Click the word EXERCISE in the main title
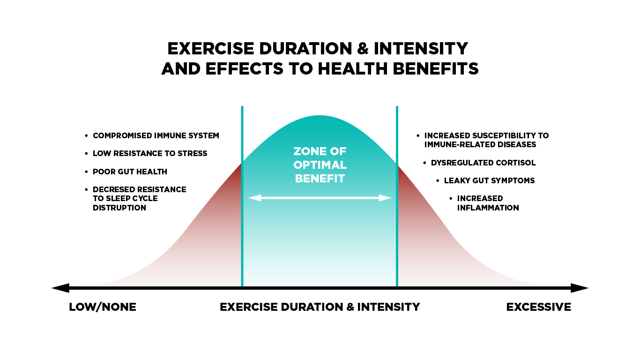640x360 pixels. pyautogui.click(x=210, y=48)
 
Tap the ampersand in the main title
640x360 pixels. pyautogui.click(x=363, y=48)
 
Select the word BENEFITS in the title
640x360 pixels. pyautogui.click(x=436, y=68)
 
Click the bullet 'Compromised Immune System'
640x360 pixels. pyautogui.click(x=156, y=135)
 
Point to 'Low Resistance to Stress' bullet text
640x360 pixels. pyautogui.click(x=150, y=154)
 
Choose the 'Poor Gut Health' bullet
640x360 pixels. pyautogui.click(x=130, y=172)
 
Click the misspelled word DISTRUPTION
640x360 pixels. pyautogui.click(x=119, y=208)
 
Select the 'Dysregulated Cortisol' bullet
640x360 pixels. pyautogui.click(x=484, y=163)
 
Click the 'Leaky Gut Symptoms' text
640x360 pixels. pyautogui.click(x=490, y=181)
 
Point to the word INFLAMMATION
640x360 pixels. pyautogui.click(x=488, y=208)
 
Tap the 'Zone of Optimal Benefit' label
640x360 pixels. pyautogui.click(x=320, y=165)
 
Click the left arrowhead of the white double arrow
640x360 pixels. pyautogui.click(x=255, y=198)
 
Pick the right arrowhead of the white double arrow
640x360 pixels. pyautogui.click(x=385, y=198)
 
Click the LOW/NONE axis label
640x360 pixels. pyautogui.click(x=103, y=307)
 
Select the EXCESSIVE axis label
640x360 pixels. pyautogui.click(x=539, y=307)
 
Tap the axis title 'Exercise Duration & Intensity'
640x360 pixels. pyautogui.click(x=320, y=307)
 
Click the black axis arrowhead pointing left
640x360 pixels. pyautogui.click(x=60, y=288)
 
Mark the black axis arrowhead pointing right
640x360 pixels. pyautogui.click(x=580, y=288)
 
